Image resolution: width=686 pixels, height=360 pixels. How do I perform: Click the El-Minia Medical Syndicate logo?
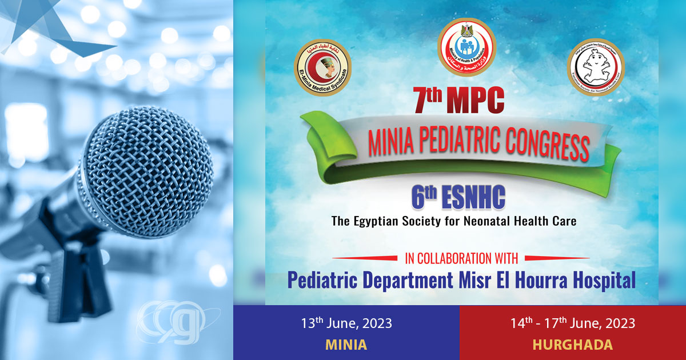coord(322,68)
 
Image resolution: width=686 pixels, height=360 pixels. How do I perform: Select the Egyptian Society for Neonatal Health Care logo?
coord(596,67)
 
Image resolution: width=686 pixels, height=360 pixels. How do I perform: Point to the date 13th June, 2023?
coord(346,323)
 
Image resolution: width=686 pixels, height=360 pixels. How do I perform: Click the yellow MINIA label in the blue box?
coord(346,345)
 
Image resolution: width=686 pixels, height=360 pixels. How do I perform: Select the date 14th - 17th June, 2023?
coord(573,323)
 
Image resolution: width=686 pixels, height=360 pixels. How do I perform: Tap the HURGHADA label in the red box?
coord(573,345)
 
